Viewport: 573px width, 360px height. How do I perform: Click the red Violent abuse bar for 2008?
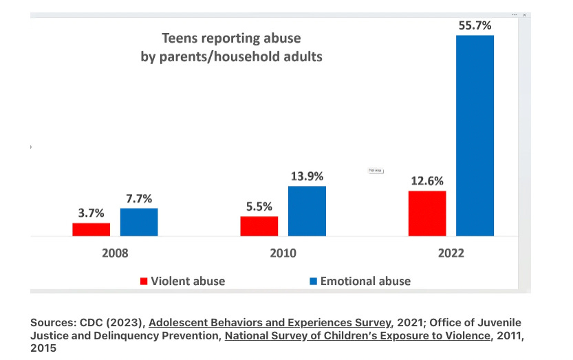pos(91,229)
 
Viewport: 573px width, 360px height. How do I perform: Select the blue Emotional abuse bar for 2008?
pos(139,222)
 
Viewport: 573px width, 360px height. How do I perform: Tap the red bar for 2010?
pos(259,226)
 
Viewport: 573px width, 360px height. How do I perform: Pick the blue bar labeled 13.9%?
pos(307,211)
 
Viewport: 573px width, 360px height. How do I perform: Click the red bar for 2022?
pos(426,213)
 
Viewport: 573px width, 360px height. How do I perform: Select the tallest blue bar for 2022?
pos(475,135)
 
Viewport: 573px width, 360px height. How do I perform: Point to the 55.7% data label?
pos(475,25)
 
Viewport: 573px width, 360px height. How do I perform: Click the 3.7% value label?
pos(91,213)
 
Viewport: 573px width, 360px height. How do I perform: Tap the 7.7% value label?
pos(139,198)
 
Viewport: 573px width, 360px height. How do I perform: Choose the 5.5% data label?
pos(259,207)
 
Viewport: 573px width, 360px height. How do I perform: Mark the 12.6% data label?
pos(426,181)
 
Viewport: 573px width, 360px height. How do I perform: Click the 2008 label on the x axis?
pos(115,253)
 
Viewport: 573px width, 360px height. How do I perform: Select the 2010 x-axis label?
pos(283,253)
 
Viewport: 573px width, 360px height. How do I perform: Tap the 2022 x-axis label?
pos(451,253)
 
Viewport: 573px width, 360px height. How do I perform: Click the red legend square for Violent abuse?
pos(144,281)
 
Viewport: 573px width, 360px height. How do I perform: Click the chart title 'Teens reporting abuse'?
pos(231,39)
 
